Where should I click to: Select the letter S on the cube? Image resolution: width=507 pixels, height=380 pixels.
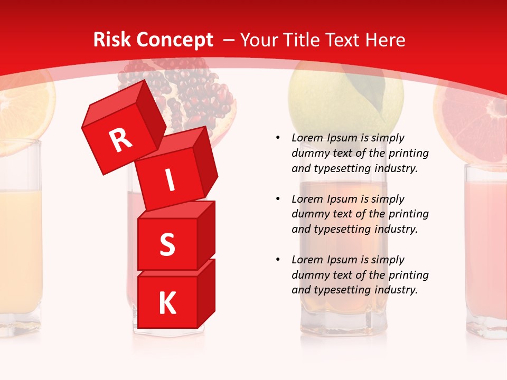(167, 245)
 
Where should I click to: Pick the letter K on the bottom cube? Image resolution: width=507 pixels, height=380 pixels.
(167, 303)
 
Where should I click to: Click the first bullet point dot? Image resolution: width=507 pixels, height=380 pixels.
(278, 138)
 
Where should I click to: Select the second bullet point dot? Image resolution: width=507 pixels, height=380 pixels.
(278, 199)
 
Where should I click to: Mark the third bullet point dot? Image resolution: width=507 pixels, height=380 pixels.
(278, 260)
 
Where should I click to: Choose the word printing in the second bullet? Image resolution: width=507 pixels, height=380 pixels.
(408, 214)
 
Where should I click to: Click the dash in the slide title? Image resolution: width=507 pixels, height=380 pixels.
(229, 40)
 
